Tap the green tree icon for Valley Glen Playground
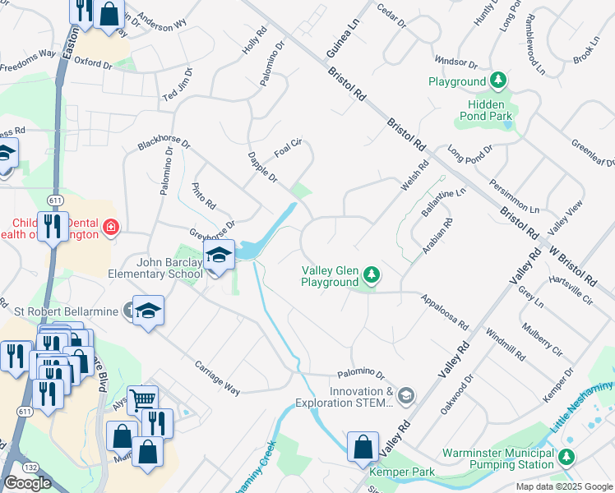pyautogui.click(x=372, y=274)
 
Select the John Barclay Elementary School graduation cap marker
pyautogui.click(x=219, y=255)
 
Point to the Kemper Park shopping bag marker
pyautogui.click(x=363, y=447)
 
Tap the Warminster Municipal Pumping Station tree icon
pyautogui.click(x=566, y=457)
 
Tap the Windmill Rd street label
pyautogui.click(x=505, y=343)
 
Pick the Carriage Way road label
pyautogui.click(x=217, y=378)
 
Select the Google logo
pyautogui.click(x=27, y=483)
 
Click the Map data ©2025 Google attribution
pyautogui.click(x=564, y=486)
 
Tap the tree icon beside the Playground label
pyautogui.click(x=498, y=81)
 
